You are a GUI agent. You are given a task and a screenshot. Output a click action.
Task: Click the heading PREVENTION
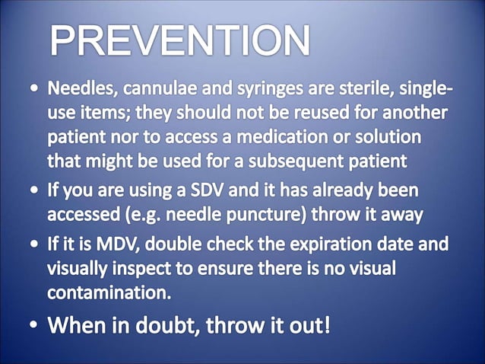click(180, 40)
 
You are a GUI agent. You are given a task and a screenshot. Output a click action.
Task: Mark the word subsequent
click(297, 161)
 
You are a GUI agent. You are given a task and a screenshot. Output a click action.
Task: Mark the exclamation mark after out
click(326, 325)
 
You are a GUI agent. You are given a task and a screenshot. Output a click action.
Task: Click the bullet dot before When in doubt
click(36, 327)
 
